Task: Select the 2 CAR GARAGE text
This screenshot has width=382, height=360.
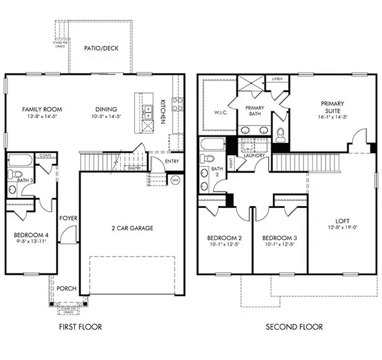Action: pos(132,228)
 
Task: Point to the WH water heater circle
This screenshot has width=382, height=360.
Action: pos(175,180)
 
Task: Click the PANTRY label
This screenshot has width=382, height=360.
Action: pos(134,168)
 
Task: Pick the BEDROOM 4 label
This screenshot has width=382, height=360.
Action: pos(30,235)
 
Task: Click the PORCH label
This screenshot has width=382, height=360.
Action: pos(66,288)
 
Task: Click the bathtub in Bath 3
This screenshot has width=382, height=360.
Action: pos(20,160)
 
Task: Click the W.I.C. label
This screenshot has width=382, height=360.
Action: pos(214,113)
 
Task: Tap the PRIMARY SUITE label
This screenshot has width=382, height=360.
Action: pos(332,107)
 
